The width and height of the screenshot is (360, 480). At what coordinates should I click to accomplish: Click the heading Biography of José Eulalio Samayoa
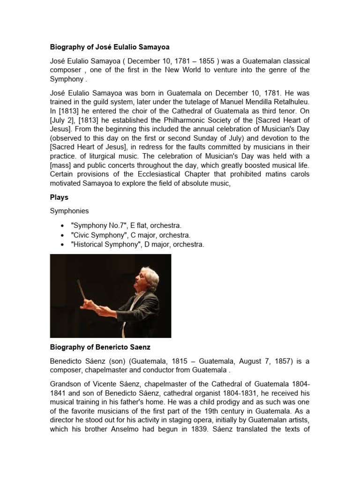tap(110, 47)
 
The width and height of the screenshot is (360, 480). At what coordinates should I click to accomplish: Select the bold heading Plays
tap(59, 197)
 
